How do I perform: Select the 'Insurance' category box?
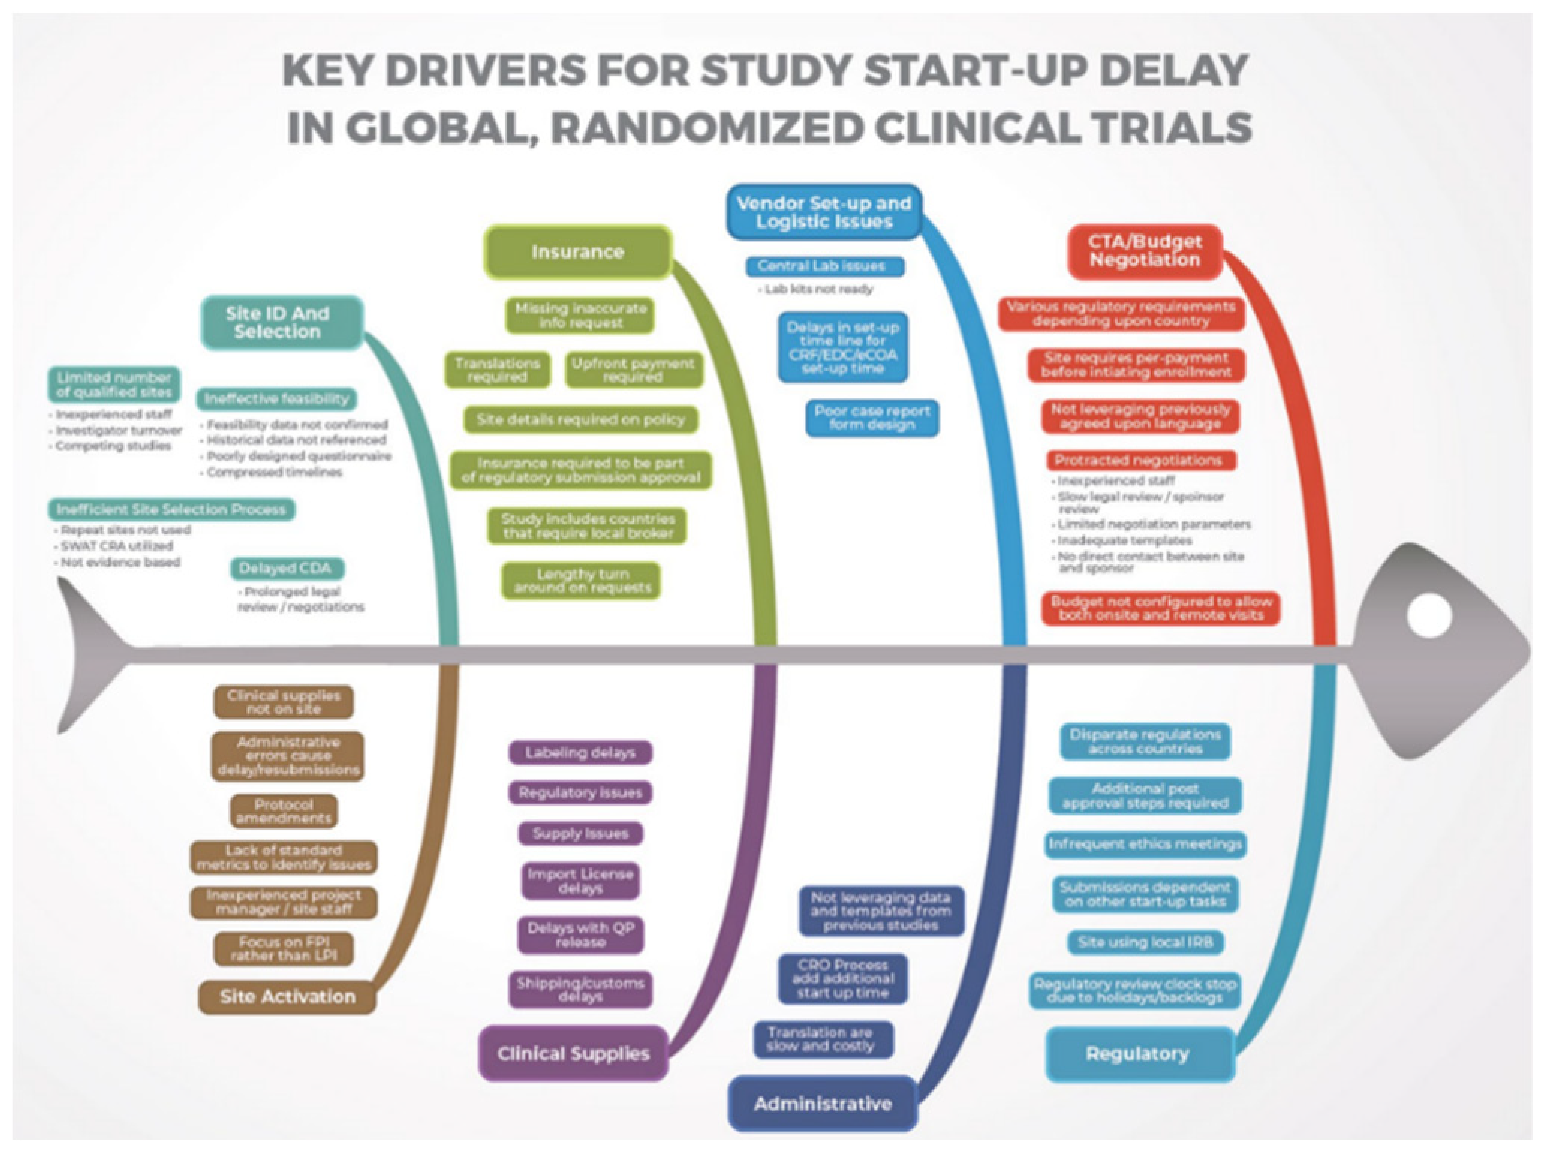point(578,252)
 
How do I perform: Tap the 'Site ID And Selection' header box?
point(282,322)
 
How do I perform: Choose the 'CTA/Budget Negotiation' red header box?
point(1145,251)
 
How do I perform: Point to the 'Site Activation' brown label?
point(287,997)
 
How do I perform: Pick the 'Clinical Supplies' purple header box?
point(573,1053)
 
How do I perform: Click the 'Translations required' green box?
point(497,369)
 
